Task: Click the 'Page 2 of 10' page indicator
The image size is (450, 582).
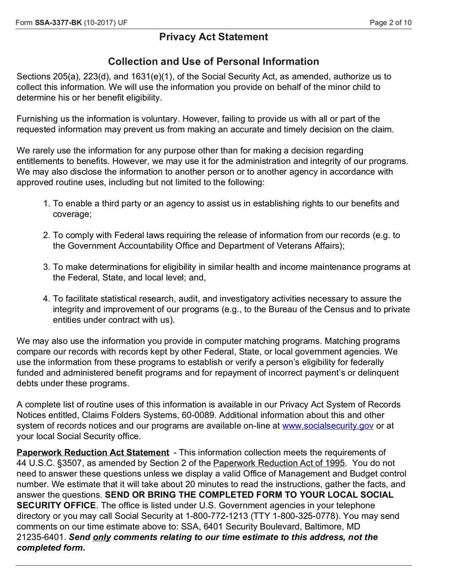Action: pos(390,22)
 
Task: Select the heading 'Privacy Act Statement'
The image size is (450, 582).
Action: pos(213,37)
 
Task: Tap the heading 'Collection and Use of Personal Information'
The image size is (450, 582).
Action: pos(213,62)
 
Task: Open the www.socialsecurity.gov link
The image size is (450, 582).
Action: pos(327,426)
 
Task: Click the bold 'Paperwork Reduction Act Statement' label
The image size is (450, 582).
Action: pos(93,452)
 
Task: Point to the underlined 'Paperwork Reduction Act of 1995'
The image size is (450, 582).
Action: pos(278,463)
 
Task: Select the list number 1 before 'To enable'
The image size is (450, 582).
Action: pos(47,204)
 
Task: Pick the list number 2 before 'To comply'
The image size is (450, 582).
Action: pos(47,235)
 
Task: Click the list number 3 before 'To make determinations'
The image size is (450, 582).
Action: pos(47,267)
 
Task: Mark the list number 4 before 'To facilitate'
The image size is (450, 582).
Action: pos(47,299)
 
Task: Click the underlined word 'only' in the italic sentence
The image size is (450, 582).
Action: pos(102,538)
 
